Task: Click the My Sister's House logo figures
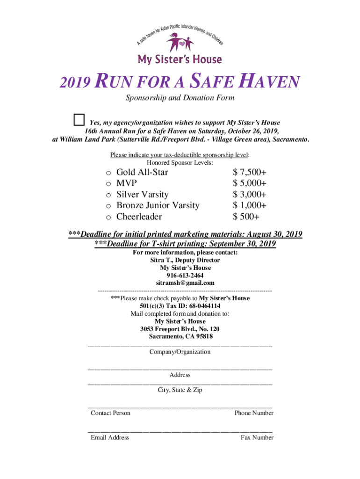pyautogui.click(x=180, y=43)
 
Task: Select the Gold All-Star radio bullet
pyautogui.click(x=108, y=173)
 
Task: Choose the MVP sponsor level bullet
pyautogui.click(x=108, y=184)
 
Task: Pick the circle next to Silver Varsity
pyautogui.click(x=108, y=195)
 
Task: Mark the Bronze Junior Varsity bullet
pyautogui.click(x=108, y=206)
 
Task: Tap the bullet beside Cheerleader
pyautogui.click(x=108, y=218)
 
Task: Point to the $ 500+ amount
pyautogui.click(x=246, y=217)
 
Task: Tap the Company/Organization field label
pyautogui.click(x=180, y=352)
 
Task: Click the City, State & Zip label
pyautogui.click(x=180, y=390)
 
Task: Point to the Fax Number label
pyautogui.click(x=257, y=437)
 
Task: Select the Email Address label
pyautogui.click(x=110, y=437)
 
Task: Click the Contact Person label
pyautogui.click(x=110, y=413)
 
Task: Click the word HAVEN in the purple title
pyautogui.click(x=262, y=83)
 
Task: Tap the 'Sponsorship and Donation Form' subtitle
pyautogui.click(x=180, y=98)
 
